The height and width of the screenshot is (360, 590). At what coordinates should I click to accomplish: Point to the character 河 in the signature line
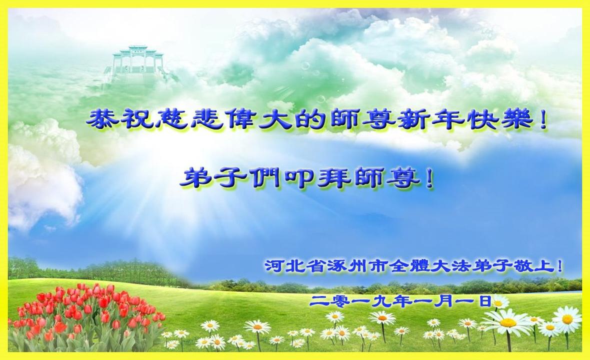click(x=273, y=266)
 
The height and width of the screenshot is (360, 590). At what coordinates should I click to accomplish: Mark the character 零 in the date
click(x=336, y=300)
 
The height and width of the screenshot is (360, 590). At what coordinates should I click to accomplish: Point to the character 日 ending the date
click(x=485, y=300)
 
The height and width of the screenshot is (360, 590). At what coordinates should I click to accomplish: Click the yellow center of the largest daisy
click(x=508, y=323)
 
